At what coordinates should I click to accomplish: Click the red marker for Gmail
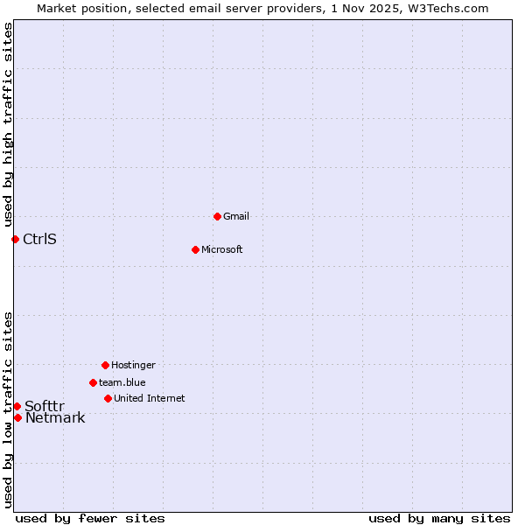pos(217,216)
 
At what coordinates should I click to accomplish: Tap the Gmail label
pos(236,216)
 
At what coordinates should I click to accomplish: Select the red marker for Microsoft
pos(195,249)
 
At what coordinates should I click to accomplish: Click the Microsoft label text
pos(221,249)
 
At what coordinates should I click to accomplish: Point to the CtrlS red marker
pos(15,239)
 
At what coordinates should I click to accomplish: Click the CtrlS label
pos(39,239)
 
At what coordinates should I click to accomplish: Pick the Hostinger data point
pos(105,365)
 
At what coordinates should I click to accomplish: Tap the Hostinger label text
pos(133,365)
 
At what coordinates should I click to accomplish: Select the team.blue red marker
pos(93,382)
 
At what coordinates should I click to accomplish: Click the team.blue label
pos(122,382)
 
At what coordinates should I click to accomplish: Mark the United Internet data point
pos(108,398)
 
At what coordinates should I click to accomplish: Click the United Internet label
pos(149,398)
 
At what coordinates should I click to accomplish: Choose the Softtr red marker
pos(17,406)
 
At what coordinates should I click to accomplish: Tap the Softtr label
pos(44,406)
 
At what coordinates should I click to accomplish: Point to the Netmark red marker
pos(17,417)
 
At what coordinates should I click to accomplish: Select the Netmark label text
pos(55,417)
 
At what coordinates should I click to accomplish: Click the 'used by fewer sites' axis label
pos(90,518)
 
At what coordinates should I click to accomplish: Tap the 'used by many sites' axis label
pos(439,518)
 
